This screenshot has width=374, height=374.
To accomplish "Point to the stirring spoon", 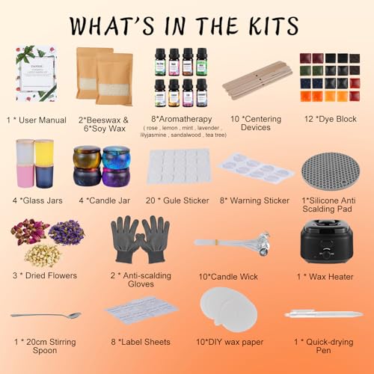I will [x=45, y=316].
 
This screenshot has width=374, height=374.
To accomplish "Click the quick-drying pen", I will [x=324, y=314].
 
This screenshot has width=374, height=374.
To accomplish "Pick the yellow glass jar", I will [x=44, y=153].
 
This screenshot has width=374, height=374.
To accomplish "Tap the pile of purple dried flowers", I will [x=66, y=232].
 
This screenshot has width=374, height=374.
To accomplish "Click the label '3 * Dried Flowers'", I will [x=46, y=275].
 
